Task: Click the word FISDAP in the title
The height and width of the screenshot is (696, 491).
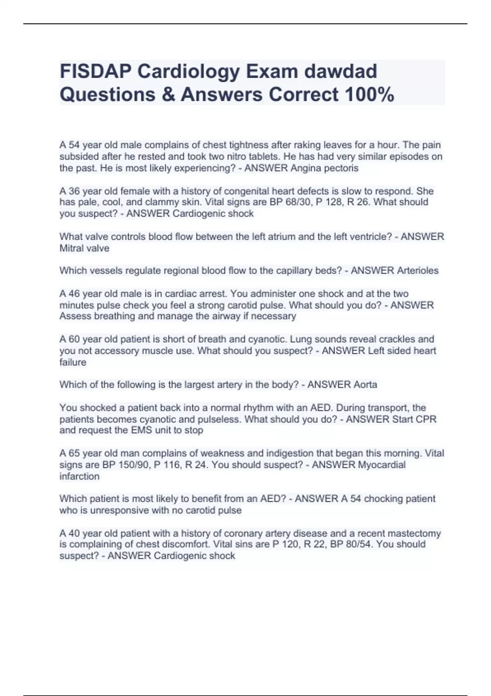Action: [x=96, y=71]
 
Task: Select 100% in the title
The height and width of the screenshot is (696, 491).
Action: [x=369, y=94]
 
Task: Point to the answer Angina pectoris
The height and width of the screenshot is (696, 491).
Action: [x=324, y=168]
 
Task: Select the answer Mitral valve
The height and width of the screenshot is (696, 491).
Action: [x=84, y=248]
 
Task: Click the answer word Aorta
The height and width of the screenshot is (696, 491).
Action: [x=365, y=384]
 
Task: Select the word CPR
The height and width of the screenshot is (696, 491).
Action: [x=426, y=419]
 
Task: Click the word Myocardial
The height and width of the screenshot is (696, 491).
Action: [x=382, y=465]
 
